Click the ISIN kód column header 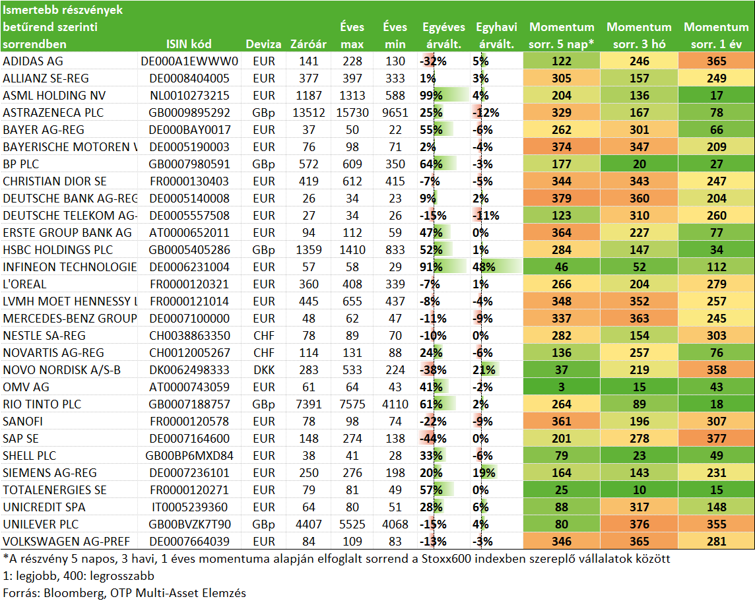[189, 44]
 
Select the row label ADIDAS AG [33, 61]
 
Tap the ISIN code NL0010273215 [189, 96]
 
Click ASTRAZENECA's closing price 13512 [309, 113]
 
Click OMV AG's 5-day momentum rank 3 [562, 387]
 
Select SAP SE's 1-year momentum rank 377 [717, 439]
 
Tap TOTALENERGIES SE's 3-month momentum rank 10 [639, 490]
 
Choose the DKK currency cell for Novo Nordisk [264, 371]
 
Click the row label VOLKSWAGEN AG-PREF [67, 542]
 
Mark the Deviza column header [263, 44]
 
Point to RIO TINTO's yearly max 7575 [352, 404]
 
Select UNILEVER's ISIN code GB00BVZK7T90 [189, 524]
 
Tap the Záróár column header [309, 44]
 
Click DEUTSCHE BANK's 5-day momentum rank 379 [562, 199]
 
